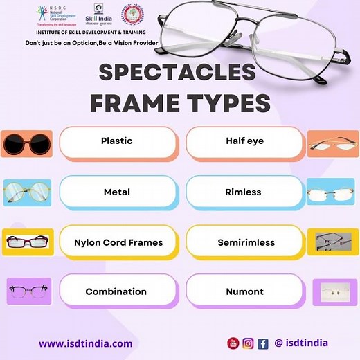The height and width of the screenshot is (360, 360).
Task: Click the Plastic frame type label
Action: (x=116, y=141)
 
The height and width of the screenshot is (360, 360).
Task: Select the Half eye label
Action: (x=244, y=141)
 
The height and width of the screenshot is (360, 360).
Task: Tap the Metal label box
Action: (x=116, y=192)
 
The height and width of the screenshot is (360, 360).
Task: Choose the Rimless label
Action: (x=244, y=192)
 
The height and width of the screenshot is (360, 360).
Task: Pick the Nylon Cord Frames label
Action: (x=118, y=242)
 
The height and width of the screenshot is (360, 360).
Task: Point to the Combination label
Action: (x=116, y=291)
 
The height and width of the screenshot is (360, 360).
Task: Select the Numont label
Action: (x=244, y=291)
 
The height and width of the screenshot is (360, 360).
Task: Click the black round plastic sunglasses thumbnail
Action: (x=24, y=144)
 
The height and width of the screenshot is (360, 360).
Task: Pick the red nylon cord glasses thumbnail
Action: (x=24, y=242)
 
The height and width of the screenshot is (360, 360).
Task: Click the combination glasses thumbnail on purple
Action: (x=28, y=291)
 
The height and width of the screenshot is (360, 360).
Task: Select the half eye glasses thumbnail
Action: (x=332, y=144)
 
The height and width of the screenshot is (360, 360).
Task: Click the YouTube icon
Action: (x=233, y=343)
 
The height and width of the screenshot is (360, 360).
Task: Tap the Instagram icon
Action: (x=248, y=343)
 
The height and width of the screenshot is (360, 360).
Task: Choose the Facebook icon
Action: (x=263, y=343)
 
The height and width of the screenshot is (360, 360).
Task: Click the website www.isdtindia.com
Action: (x=85, y=343)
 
